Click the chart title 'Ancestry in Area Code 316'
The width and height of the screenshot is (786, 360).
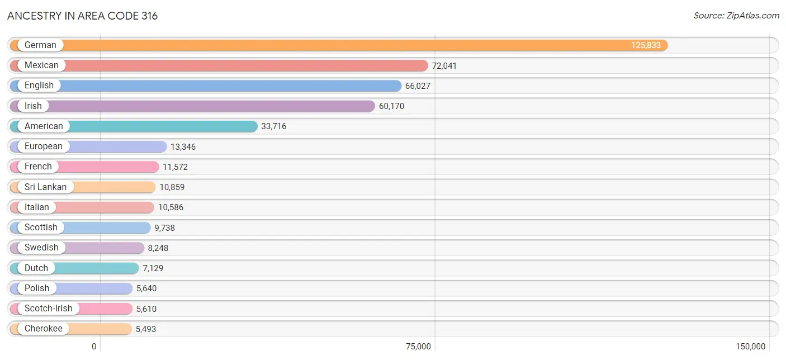[83, 16]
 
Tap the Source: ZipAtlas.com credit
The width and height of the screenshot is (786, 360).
[736, 16]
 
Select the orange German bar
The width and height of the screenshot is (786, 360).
[339, 45]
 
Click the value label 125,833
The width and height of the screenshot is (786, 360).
[646, 45]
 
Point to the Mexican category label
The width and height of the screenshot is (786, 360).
[41, 65]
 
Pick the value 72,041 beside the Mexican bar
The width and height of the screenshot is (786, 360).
[444, 65]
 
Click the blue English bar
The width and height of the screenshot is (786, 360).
[206, 86]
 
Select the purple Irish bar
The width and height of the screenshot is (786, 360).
[192, 106]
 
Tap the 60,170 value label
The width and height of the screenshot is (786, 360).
[391, 106]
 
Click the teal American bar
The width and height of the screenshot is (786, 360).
[134, 126]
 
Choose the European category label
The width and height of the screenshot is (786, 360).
[44, 146]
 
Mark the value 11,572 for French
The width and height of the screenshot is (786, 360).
[175, 167]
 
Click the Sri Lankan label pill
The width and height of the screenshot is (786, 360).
[46, 187]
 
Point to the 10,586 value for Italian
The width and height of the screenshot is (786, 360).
[171, 207]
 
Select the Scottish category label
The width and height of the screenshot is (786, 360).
[41, 228]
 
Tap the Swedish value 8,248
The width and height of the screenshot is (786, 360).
[158, 248]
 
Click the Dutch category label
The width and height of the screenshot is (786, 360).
[36, 268]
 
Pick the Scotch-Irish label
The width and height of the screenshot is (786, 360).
[49, 309]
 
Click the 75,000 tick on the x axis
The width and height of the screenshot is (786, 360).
[418, 347]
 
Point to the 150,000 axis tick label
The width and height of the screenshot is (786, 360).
[751, 347]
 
